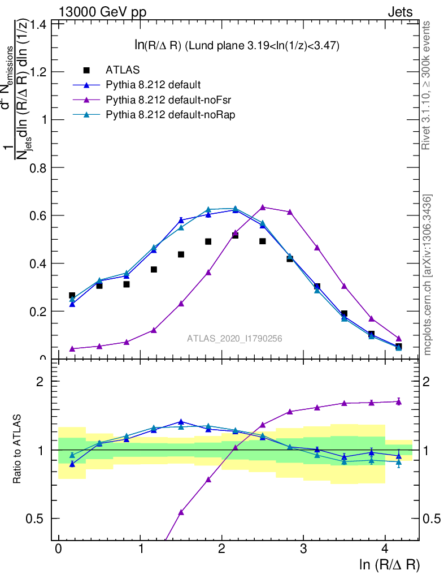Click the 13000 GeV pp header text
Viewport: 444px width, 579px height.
tap(102, 12)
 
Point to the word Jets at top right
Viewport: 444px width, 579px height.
tap(399, 12)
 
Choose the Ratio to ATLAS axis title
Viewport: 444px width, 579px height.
tap(17, 450)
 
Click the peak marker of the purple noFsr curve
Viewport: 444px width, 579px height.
tap(263, 207)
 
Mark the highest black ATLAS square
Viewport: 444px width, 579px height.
tap(235, 235)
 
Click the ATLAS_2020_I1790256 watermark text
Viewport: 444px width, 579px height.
tap(235, 338)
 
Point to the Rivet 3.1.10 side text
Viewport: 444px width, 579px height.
tap(426, 85)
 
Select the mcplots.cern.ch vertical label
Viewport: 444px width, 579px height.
tap(428, 274)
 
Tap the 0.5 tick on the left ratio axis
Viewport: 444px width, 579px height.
tap(41, 518)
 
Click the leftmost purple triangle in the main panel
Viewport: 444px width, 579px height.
tap(72, 349)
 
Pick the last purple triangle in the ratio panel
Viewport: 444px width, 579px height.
tap(398, 401)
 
